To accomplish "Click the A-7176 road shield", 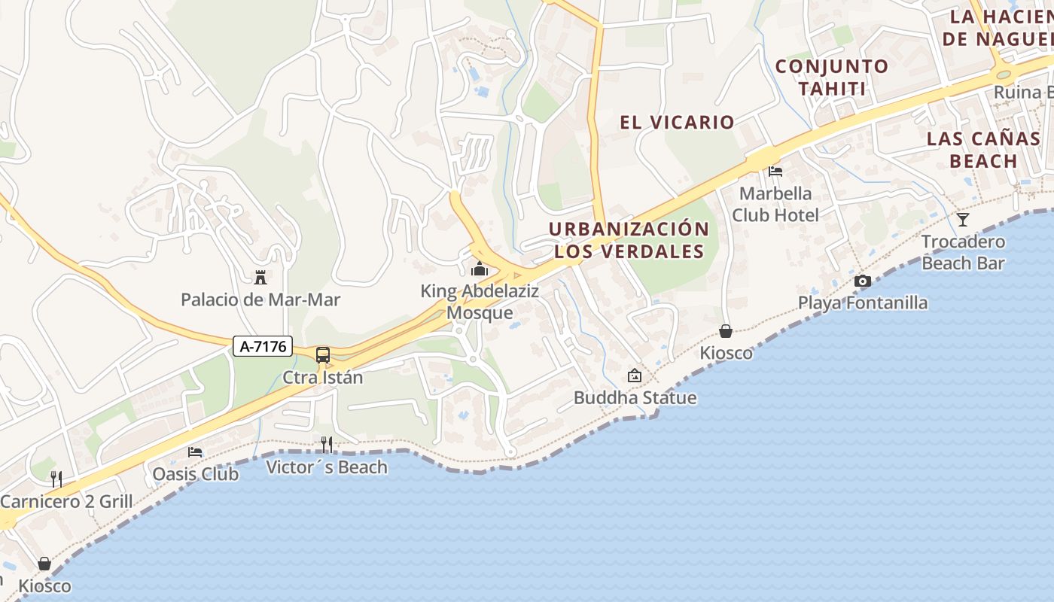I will coord(262,346).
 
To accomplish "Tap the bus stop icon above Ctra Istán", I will coord(323,355).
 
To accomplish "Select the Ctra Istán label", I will coord(323,377).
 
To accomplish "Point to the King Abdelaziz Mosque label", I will coord(480,302).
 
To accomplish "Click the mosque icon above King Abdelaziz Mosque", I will coord(480,269).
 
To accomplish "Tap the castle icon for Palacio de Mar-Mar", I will coord(260,278).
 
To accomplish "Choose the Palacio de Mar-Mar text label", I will coord(260,299).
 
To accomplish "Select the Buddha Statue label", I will coord(635,397).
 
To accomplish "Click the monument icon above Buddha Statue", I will coord(635,375).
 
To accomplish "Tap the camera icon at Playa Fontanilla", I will coord(863,281).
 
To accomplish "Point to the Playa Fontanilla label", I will coord(863,303).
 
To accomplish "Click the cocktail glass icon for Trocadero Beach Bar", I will coord(963,220).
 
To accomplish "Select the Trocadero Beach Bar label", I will coord(963,252).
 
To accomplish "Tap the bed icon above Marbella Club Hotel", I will coord(775,172).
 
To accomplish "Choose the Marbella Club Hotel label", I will coord(775,204).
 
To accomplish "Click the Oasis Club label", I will coord(195,473).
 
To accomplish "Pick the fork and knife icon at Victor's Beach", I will coord(326,445).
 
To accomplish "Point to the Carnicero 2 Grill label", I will coord(66,501).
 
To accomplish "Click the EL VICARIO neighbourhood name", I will coord(677,122).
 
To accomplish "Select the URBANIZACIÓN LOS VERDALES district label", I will coord(629,240).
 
